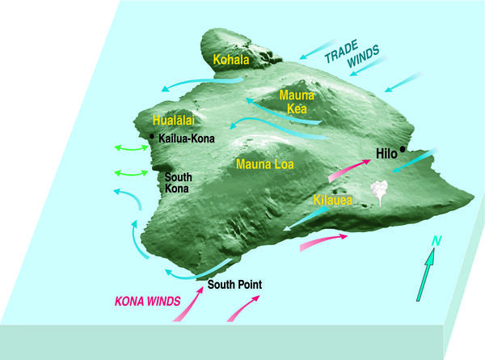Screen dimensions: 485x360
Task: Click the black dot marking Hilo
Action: pyautogui.click(x=403, y=150)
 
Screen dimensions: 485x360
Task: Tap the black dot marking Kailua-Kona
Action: pyautogui.click(x=152, y=138)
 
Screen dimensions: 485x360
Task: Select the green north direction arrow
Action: pyautogui.click(x=427, y=275)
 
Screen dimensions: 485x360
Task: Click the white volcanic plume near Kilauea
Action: pyautogui.click(x=378, y=192)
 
